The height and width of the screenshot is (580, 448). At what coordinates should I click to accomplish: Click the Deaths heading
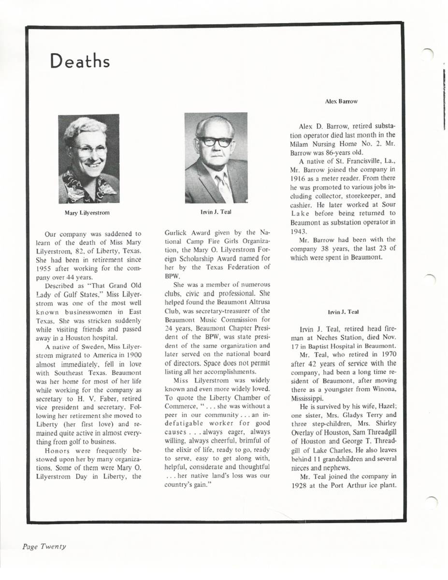pos(80,61)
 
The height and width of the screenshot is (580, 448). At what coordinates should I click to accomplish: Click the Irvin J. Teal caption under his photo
pos(216,212)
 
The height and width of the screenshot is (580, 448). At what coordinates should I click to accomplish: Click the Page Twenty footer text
pos(44,546)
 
